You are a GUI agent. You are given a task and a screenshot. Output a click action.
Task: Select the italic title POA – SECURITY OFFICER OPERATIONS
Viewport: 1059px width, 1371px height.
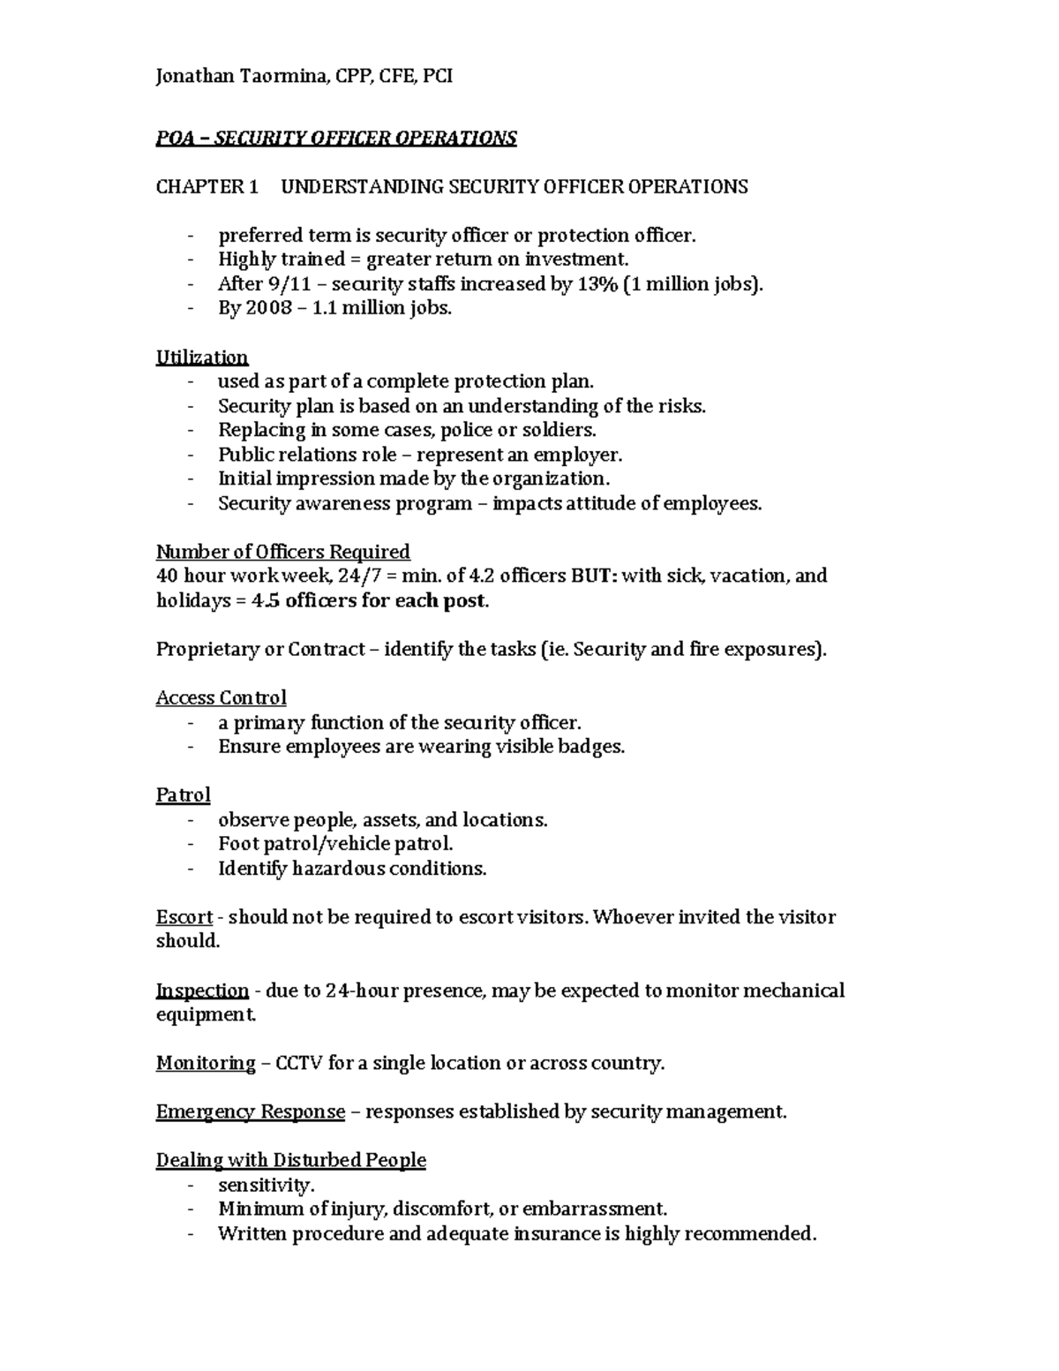[x=335, y=139]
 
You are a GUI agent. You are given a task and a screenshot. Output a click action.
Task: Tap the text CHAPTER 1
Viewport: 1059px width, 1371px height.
[x=207, y=186]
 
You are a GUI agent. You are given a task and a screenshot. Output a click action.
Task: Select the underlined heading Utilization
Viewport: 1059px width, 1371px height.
[x=202, y=358]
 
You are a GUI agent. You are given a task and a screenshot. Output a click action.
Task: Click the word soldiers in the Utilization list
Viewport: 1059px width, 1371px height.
[x=560, y=431]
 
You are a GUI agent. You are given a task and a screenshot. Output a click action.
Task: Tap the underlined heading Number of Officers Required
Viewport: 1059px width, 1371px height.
[x=282, y=553]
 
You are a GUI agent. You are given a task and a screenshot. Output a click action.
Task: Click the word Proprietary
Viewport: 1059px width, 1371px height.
[x=207, y=650]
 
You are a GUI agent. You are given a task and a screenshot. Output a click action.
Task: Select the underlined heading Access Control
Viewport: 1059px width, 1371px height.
[x=221, y=698]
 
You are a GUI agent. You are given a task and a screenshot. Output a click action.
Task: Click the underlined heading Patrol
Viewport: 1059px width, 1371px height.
[x=183, y=795]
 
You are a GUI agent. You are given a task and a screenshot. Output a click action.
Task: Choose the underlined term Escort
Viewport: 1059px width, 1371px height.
[x=184, y=917]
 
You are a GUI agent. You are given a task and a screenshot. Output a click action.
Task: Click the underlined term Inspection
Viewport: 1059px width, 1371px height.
[x=202, y=991]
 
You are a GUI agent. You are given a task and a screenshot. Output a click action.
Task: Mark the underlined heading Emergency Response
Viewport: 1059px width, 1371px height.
[x=250, y=1112]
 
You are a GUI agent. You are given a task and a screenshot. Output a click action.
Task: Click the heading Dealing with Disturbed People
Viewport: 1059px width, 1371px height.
[x=290, y=1161]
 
